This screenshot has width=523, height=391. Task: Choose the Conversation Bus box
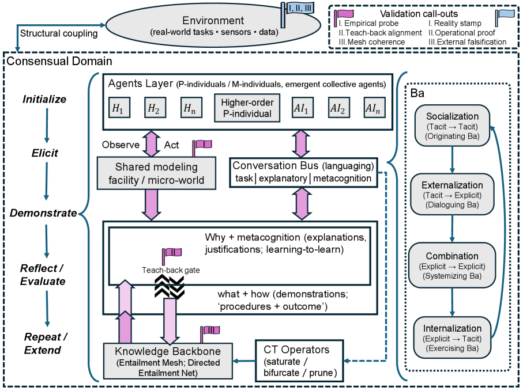pyautogui.click(x=303, y=172)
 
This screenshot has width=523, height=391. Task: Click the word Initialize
pyautogui.click(x=44, y=99)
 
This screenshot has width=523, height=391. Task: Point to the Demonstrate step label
pyautogui.click(x=43, y=213)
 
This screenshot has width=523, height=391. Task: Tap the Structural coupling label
pyautogui.click(x=59, y=33)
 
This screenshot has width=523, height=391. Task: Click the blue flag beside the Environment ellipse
pyautogui.click(x=288, y=13)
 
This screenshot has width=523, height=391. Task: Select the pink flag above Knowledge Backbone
pyautogui.click(x=208, y=333)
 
